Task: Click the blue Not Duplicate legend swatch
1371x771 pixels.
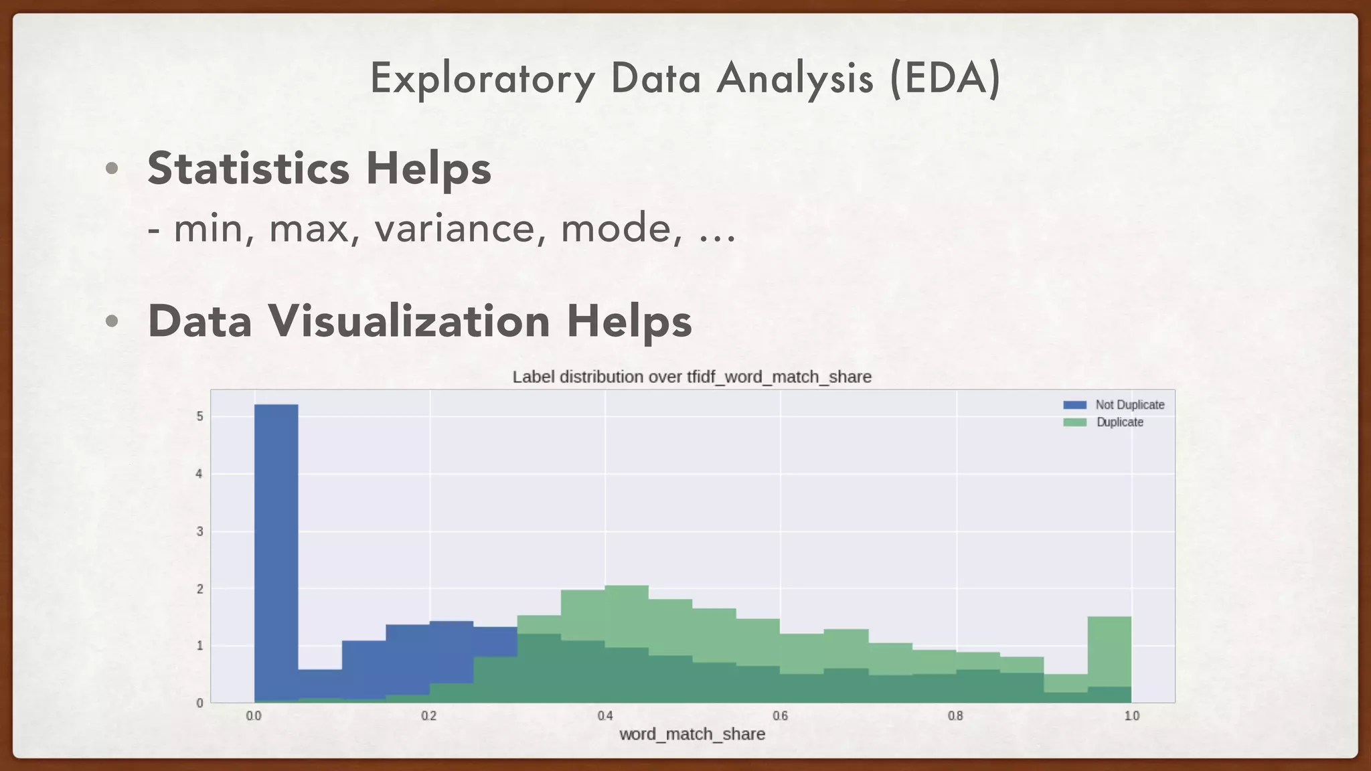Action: [1074, 405]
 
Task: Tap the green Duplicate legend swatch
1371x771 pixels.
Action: [1074, 422]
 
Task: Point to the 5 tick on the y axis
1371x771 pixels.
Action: [199, 416]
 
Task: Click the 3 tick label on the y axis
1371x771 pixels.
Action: [199, 532]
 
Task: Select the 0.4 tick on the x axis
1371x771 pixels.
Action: [605, 716]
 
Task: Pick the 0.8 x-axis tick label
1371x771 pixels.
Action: [955, 716]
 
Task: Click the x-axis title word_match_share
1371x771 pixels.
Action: [692, 734]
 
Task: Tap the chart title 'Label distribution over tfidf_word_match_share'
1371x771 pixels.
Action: [692, 377]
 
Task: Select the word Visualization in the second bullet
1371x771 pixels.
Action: [409, 321]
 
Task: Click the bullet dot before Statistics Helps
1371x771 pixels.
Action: [112, 169]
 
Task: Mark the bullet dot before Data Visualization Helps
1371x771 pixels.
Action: [112, 321]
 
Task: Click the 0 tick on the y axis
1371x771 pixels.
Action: [199, 703]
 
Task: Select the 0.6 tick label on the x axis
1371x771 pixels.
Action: [780, 716]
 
